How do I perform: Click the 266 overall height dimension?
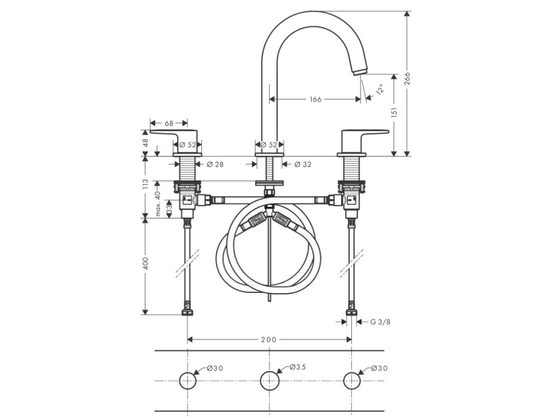click(x=407, y=79)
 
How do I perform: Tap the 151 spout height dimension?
click(x=395, y=112)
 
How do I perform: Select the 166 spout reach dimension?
click(x=315, y=100)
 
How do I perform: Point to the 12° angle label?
click(x=379, y=89)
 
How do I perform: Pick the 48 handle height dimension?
click(x=145, y=143)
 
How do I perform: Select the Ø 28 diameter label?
click(x=215, y=165)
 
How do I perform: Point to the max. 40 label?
click(x=157, y=203)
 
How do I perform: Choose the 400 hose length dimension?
click(x=145, y=264)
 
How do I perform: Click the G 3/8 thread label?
click(x=380, y=322)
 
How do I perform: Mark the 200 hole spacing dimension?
click(x=269, y=340)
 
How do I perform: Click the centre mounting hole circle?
click(x=269, y=380)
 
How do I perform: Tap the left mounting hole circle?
click(x=188, y=380)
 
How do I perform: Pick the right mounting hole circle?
click(x=352, y=380)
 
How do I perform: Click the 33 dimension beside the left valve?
click(x=169, y=208)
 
